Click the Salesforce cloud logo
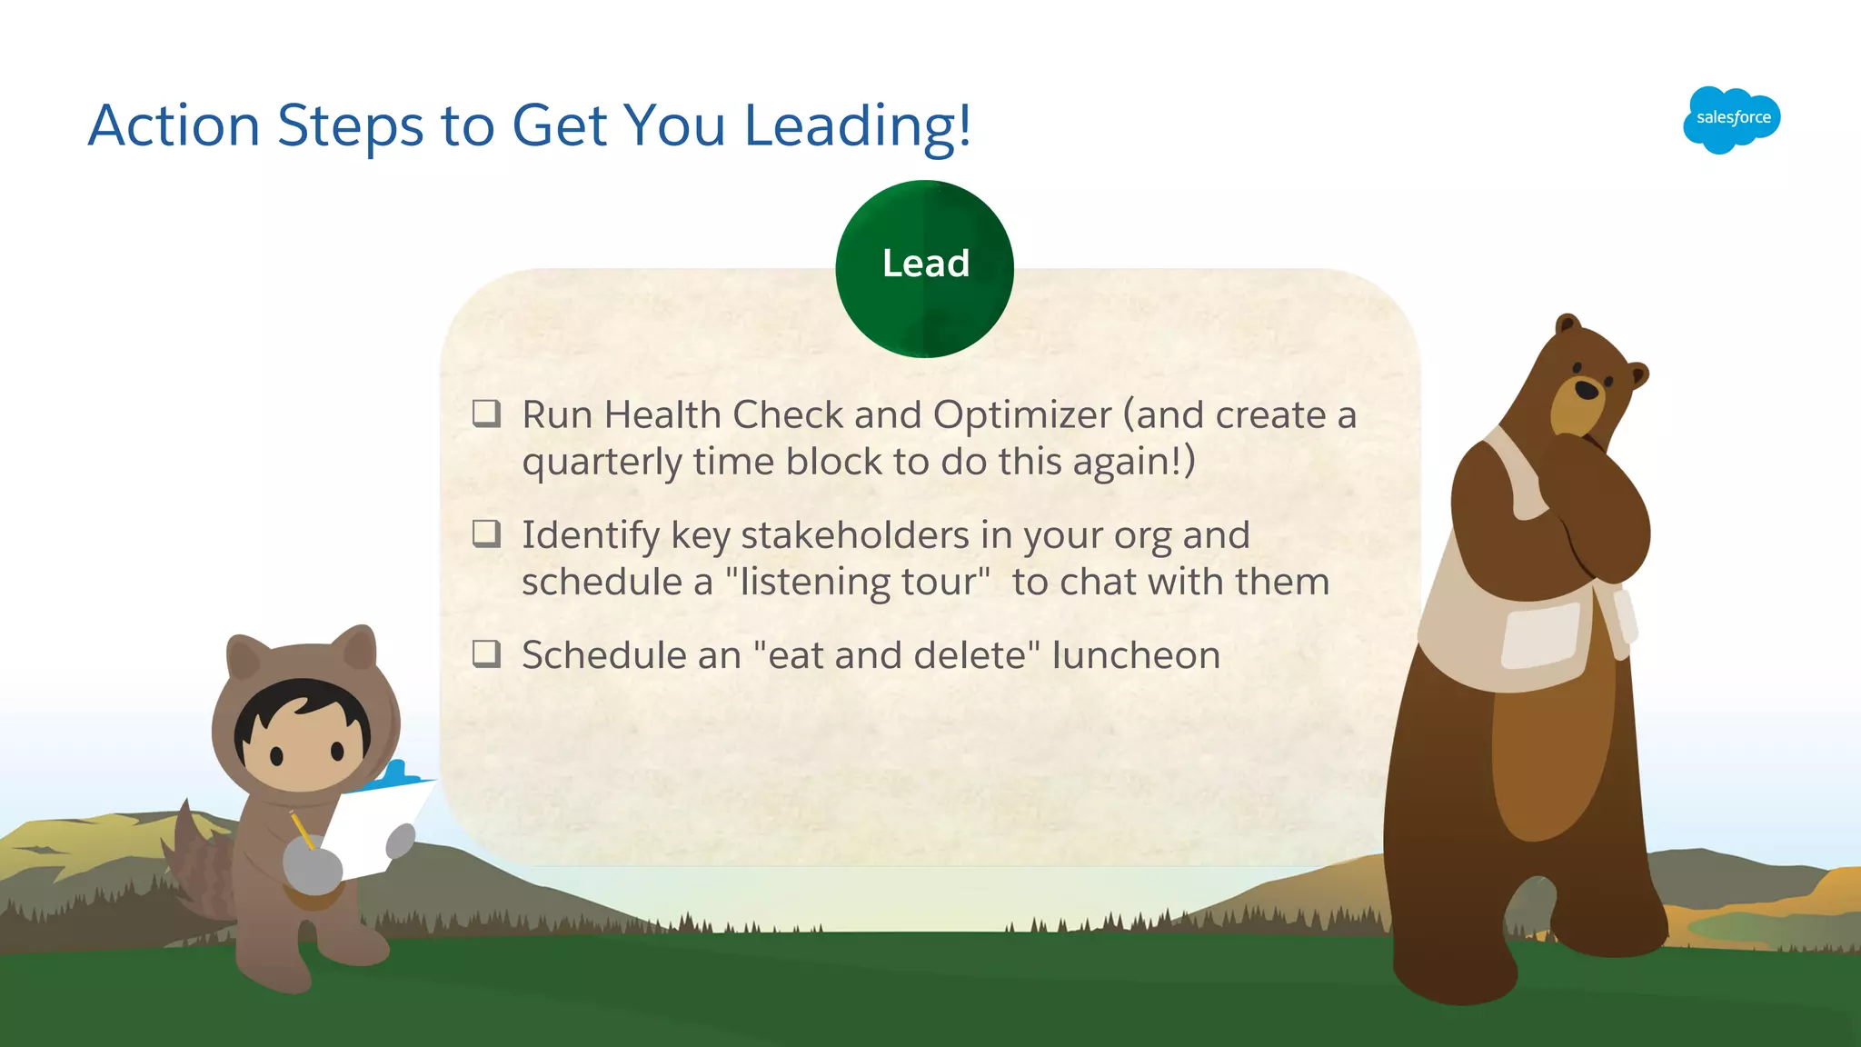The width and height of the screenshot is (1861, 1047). (x=1731, y=119)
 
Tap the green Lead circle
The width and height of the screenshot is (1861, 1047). (x=924, y=268)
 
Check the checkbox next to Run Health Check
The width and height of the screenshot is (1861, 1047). (x=486, y=414)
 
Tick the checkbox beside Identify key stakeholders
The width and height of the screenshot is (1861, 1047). (x=486, y=533)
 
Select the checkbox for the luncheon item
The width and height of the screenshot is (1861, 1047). (x=486, y=653)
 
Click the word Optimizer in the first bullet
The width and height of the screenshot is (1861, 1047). (x=1021, y=415)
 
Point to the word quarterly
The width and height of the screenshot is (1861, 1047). (x=601, y=463)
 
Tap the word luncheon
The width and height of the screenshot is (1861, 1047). (x=1135, y=655)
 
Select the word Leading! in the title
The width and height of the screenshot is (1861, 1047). (x=857, y=125)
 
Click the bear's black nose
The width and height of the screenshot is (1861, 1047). (x=1587, y=390)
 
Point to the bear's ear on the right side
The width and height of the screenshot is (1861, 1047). (x=1637, y=374)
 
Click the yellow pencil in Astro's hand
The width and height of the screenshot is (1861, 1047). (x=301, y=829)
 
